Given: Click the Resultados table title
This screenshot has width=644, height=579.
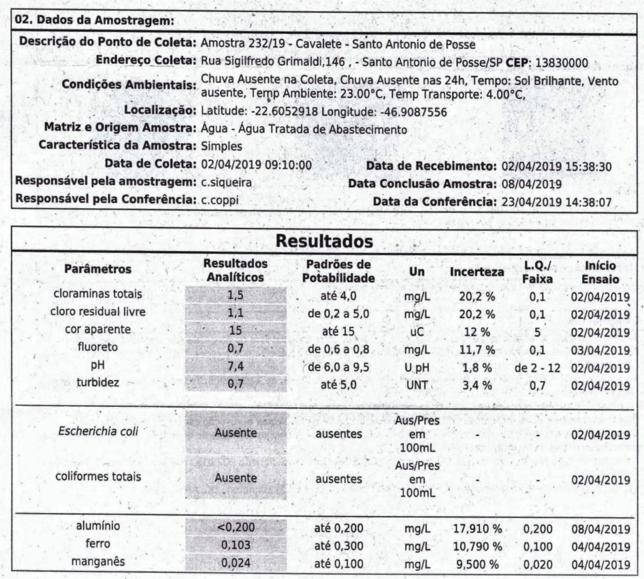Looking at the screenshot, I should click(324, 241).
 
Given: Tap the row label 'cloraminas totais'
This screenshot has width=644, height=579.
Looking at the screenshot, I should click(98, 294).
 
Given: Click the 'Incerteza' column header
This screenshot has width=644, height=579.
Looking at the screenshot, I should click(477, 272).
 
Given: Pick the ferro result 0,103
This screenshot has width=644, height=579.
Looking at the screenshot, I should click(236, 545).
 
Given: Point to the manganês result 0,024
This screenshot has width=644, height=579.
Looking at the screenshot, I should click(236, 563).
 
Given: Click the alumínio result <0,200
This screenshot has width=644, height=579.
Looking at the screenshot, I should click(236, 527).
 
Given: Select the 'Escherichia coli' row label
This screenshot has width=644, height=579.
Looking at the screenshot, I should click(98, 431).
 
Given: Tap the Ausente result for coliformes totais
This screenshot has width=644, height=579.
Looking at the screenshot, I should click(236, 478).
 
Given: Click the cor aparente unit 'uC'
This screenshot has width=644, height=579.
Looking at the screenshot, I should click(416, 332).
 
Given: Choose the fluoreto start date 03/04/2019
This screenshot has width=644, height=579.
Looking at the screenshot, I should click(600, 350).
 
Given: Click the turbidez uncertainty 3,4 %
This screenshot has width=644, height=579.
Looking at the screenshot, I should click(477, 385).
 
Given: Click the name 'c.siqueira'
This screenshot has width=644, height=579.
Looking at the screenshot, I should click(226, 182).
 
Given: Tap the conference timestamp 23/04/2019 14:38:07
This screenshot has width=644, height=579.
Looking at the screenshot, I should click(556, 202).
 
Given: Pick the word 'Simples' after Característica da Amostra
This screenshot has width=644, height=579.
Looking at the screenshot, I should click(221, 146).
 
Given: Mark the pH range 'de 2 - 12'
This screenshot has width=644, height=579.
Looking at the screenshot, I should click(537, 368).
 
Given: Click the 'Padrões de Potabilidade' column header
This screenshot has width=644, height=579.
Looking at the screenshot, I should click(338, 271).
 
